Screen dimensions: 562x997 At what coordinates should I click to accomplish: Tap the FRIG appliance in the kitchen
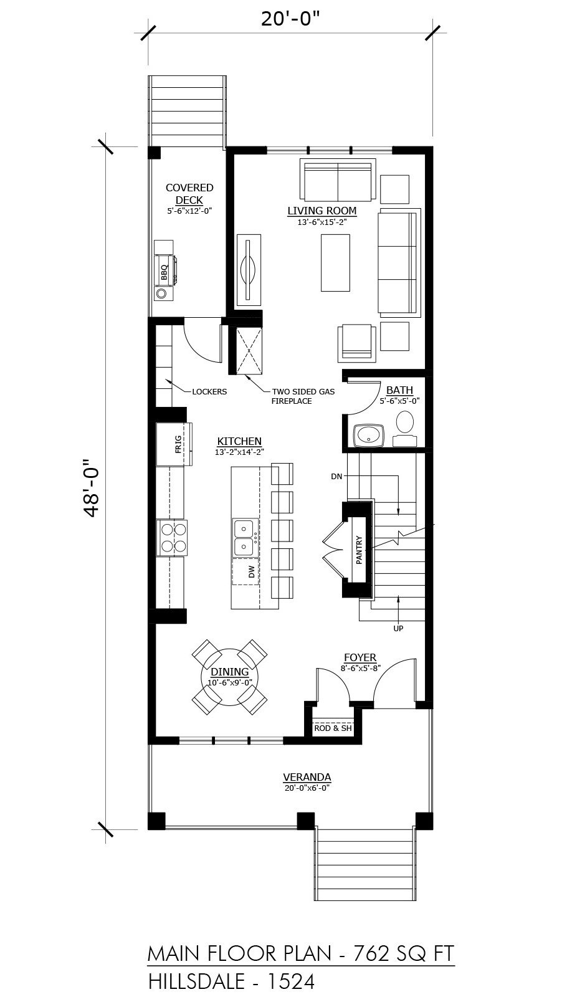coord(174,444)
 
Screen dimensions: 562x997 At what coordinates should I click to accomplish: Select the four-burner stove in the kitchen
coord(171,538)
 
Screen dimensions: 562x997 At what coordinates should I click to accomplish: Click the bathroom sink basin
coord(369,436)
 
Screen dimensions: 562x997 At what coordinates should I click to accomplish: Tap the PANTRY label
coord(359,550)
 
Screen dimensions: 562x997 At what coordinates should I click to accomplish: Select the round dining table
coord(230,677)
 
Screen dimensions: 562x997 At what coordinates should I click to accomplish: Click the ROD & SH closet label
coord(333,728)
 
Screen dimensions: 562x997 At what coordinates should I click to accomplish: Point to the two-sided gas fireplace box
coord(249,350)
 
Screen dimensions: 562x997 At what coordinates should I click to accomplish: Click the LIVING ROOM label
coord(321,211)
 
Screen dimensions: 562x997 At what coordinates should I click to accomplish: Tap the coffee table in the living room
coord(335,262)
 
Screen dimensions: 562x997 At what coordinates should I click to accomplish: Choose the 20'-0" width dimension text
coord(290,19)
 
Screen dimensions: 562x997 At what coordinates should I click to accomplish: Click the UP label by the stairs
coord(398,629)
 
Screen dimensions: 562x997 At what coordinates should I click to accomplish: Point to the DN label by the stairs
coord(336,476)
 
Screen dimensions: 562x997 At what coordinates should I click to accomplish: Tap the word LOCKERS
coord(209,392)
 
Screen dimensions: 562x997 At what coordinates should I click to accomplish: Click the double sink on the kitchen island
coord(244,538)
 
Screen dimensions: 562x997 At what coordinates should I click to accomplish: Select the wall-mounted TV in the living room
coord(249,270)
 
